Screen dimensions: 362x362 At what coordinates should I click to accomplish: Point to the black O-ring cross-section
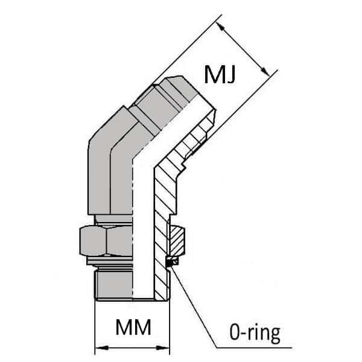171,261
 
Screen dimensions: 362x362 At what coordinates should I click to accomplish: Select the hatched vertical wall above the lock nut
162,199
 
